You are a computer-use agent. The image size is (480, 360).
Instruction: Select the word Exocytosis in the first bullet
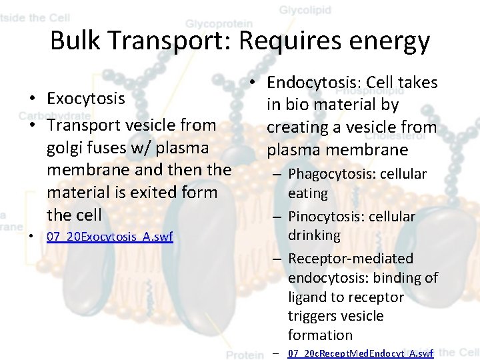(86, 99)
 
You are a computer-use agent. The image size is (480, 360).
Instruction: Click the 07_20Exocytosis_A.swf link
(110, 237)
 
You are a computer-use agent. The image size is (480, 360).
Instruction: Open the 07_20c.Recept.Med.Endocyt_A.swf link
(361, 353)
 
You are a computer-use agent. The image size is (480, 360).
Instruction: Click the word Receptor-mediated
(351, 258)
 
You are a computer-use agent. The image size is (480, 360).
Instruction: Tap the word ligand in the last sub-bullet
(309, 297)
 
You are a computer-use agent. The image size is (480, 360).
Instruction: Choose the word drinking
(314, 235)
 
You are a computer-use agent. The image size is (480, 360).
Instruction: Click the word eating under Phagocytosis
(308, 193)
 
